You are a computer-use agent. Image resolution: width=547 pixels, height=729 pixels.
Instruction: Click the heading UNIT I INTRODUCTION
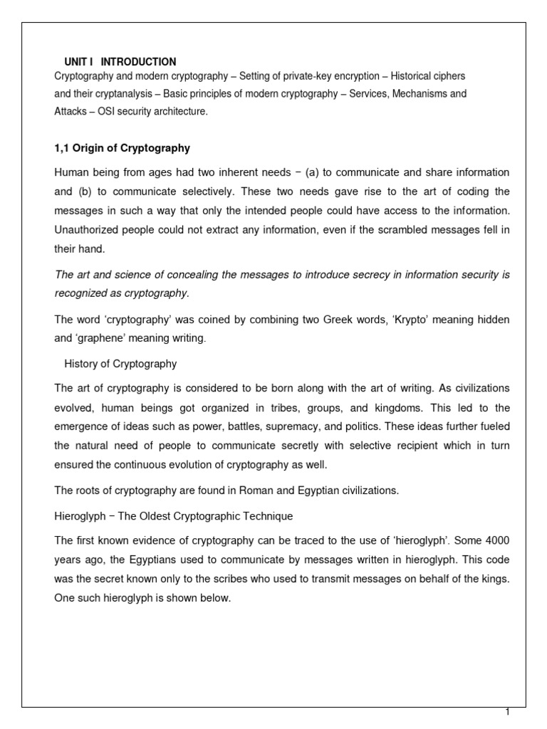coord(120,62)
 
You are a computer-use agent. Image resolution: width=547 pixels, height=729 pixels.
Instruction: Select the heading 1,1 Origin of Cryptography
coord(122,147)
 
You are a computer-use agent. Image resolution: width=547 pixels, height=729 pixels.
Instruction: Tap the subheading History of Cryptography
coord(120,364)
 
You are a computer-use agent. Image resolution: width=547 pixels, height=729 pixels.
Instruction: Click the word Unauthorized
coord(89,230)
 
